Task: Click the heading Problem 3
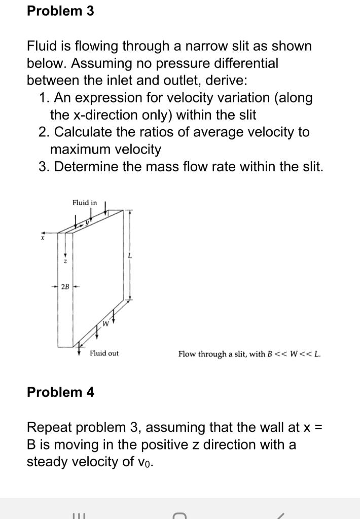click(60, 11)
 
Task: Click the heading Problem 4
click(60, 392)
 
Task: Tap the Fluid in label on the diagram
click(85, 203)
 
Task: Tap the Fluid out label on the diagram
click(104, 353)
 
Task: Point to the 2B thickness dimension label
click(65, 286)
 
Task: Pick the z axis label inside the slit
click(65, 261)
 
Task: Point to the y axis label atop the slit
click(87, 221)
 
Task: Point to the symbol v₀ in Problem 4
click(146, 463)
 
